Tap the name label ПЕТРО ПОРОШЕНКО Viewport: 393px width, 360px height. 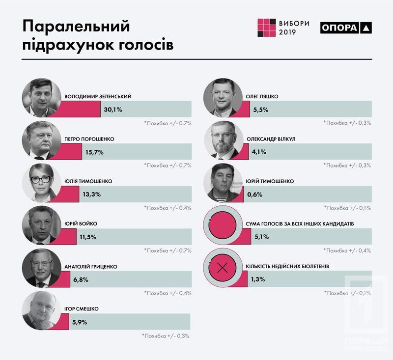89,139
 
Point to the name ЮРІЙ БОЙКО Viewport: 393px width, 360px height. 81,224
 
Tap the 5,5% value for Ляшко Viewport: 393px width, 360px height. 260,110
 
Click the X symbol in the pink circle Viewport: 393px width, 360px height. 222,268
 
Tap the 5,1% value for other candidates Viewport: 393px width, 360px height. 260,237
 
